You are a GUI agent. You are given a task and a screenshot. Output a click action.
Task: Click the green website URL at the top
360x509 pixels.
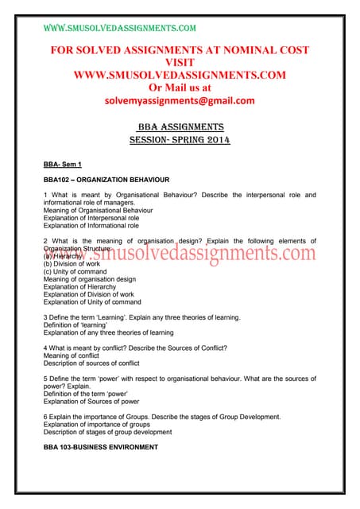[119, 28]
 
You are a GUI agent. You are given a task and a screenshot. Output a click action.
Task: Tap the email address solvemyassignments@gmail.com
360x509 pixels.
[179, 101]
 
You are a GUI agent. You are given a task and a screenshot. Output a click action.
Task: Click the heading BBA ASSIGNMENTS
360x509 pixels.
[180, 127]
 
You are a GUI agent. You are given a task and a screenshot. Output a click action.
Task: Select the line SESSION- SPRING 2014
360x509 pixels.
[180, 141]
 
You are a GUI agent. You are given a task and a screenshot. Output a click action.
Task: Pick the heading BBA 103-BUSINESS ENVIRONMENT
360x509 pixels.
[101, 447]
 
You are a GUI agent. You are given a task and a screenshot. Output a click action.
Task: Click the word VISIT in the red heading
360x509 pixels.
[180, 62]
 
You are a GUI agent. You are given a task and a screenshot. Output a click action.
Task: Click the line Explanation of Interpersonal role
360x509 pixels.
[91, 218]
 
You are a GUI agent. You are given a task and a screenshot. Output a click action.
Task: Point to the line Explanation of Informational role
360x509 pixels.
[91, 226]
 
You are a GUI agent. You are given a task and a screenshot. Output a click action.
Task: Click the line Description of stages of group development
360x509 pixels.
[107, 432]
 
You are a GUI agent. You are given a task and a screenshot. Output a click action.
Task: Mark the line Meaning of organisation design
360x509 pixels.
[90, 279]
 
